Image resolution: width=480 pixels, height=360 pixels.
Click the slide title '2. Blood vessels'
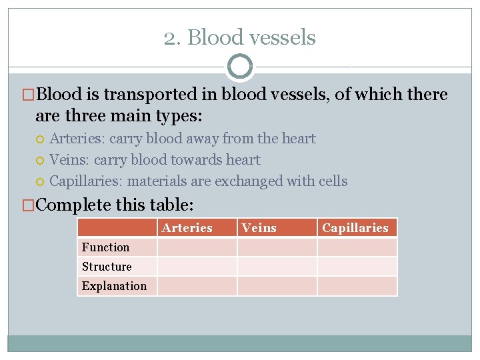[240, 37]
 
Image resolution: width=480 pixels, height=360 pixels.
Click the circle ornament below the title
[240, 67]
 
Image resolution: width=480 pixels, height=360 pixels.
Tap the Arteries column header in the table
[187, 228]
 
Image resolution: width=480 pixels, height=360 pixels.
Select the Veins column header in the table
[259, 228]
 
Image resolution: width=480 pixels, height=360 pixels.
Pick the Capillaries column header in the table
[355, 228]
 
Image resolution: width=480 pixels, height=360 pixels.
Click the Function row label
[106, 247]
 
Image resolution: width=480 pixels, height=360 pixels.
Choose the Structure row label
[107, 267]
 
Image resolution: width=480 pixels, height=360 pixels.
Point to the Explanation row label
[114, 286]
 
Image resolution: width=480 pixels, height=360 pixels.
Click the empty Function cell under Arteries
[197, 247]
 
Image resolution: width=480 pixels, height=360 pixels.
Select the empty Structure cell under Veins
[277, 267]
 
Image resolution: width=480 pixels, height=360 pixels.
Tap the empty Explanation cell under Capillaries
[357, 286]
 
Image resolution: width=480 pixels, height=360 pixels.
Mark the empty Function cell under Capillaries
[357, 247]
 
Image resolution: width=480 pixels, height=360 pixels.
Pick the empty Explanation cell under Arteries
[197, 286]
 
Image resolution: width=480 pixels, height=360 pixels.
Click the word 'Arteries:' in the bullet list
[77, 139]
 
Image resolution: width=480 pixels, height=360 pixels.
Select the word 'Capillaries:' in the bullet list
[87, 181]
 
